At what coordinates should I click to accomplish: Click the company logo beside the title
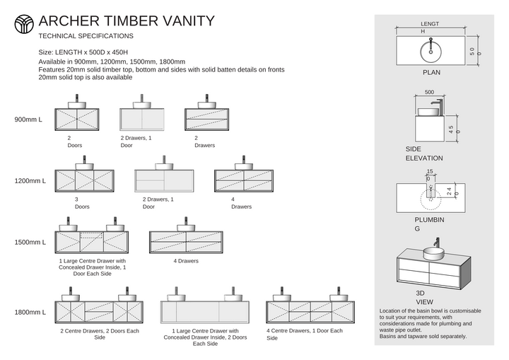coord(24,24)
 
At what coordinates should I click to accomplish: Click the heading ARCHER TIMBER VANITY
coord(127,21)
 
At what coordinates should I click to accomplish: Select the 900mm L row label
coord(28,119)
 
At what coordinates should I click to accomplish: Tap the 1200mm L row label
coord(30,181)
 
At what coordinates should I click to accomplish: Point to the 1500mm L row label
coord(30,242)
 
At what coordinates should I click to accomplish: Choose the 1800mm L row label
coord(30,312)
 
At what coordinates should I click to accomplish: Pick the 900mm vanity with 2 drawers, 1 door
coord(142,117)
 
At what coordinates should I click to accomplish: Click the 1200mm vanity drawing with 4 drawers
coord(243,180)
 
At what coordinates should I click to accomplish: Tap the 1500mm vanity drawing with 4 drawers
coord(186,242)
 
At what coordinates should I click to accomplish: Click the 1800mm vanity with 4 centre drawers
coord(310,312)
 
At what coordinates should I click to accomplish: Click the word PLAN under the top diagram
coord(431,72)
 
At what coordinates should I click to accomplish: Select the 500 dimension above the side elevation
coord(429,92)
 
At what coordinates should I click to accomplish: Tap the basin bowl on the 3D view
coord(433,252)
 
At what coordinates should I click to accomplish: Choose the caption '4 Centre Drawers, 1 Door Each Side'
coord(304,334)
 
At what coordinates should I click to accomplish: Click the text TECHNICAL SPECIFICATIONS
coord(86,35)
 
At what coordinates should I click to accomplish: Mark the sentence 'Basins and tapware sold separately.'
coord(423,336)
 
